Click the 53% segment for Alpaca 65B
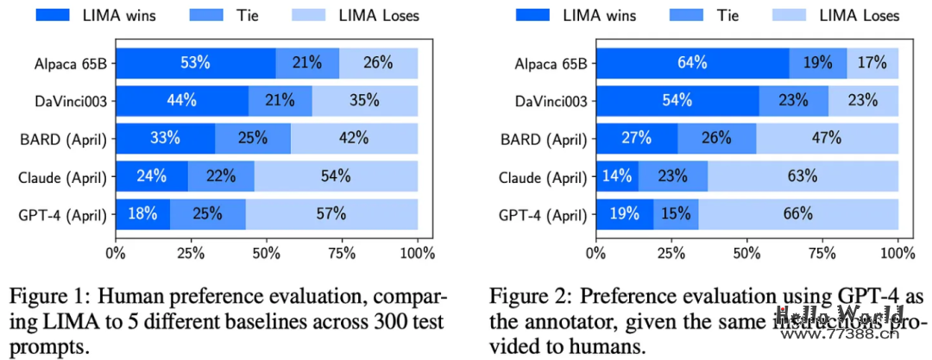point(195,62)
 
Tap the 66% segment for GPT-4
point(798,214)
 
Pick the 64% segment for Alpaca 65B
point(692,62)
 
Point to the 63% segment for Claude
point(802,176)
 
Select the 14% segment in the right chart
point(617,176)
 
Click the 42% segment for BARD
point(354,138)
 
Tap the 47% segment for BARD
point(828,138)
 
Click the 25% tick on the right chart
point(671,253)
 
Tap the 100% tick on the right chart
point(897,253)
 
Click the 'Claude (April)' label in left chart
point(62,178)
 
